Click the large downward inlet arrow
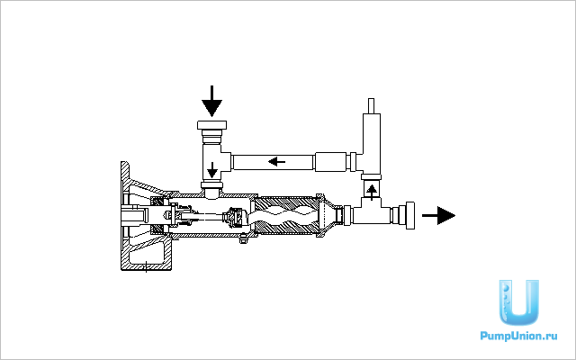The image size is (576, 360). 212,101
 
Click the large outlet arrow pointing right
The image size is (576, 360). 438,215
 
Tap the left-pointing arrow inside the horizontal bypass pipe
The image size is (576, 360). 276,161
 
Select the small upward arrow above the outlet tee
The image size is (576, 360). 372,192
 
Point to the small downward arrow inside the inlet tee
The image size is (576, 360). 212,170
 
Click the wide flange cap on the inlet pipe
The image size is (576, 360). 211,125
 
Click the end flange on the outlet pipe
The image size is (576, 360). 410,215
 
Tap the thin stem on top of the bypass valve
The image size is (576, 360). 371,106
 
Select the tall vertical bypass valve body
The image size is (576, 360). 372,143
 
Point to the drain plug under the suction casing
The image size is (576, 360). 243,239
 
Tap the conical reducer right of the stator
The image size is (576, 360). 328,216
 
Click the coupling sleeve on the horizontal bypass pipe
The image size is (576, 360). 331,162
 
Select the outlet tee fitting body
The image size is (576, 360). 372,211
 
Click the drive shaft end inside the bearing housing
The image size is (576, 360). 134,216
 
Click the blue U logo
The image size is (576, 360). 518,302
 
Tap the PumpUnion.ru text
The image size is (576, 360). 518,336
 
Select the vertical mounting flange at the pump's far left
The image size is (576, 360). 125,216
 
